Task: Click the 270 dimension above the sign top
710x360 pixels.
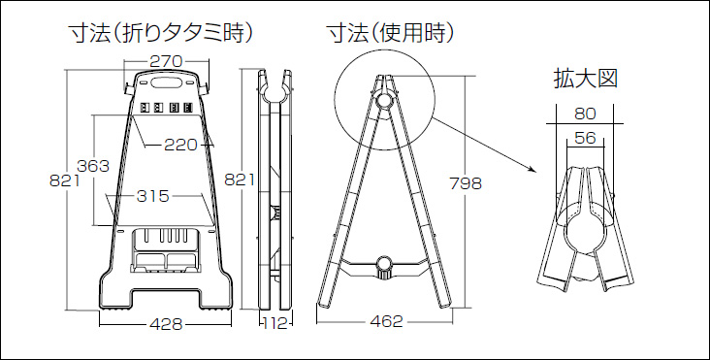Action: click(x=166, y=61)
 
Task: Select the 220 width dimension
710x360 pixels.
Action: click(x=180, y=145)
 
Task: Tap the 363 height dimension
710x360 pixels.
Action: click(x=93, y=166)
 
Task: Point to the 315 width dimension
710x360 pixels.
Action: click(x=152, y=196)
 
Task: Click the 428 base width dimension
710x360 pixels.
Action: click(x=166, y=324)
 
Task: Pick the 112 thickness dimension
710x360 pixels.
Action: click(x=276, y=324)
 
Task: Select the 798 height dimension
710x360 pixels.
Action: click(x=466, y=183)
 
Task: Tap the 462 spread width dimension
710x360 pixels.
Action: click(x=386, y=321)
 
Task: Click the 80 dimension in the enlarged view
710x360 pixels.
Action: click(x=585, y=114)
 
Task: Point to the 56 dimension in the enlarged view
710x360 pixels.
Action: click(x=585, y=138)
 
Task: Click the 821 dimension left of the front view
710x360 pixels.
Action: click(x=65, y=180)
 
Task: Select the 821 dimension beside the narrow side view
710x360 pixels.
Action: click(x=240, y=180)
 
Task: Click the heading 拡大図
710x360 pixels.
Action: click(x=586, y=80)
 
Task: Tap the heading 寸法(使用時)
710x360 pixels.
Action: click(x=390, y=34)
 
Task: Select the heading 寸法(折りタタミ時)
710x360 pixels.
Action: click(x=160, y=34)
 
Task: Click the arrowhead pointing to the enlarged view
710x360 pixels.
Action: click(x=532, y=170)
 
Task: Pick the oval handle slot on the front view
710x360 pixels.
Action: click(x=166, y=82)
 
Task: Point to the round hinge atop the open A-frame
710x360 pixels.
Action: click(x=384, y=100)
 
